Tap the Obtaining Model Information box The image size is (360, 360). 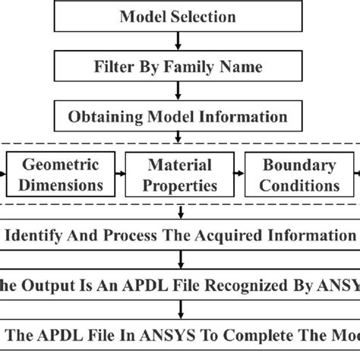(178, 116)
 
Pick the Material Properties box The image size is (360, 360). (181, 175)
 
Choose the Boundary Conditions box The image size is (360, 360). (299, 175)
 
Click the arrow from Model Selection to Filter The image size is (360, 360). (178, 42)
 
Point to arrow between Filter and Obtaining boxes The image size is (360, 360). (178, 92)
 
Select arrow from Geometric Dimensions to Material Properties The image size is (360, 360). (122, 175)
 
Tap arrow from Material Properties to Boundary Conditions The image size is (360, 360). (240, 175)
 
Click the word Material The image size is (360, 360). (181, 165)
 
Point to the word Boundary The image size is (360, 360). (299, 165)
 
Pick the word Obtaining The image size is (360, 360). (105, 117)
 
